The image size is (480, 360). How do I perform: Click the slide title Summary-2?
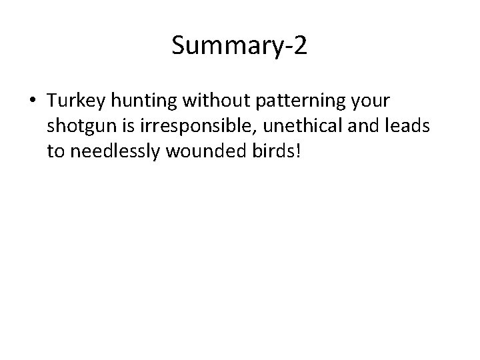tap(239, 46)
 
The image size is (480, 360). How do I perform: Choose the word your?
tap(374, 102)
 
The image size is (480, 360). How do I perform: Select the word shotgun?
tap(79, 127)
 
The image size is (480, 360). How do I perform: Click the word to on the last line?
tap(55, 152)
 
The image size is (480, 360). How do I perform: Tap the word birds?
tap(266, 151)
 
